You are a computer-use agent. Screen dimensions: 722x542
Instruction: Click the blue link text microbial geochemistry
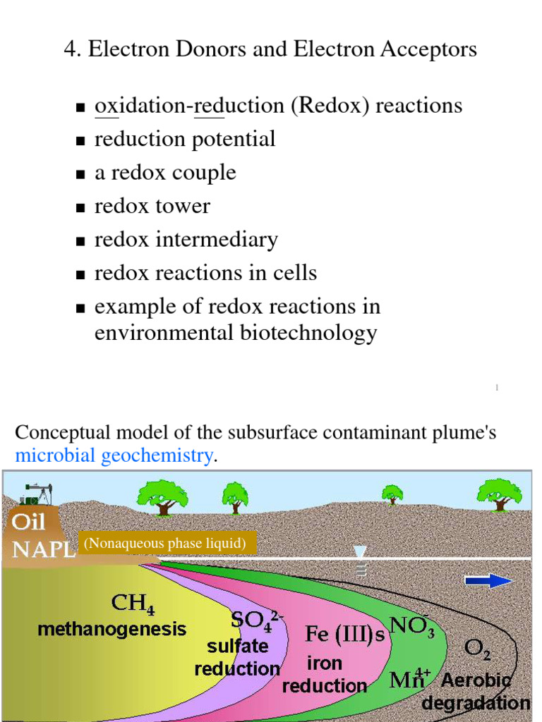[x=114, y=455]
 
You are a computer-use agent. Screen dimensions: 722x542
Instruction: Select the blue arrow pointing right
[x=488, y=580]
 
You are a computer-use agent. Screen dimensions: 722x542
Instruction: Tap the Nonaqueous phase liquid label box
[x=165, y=544]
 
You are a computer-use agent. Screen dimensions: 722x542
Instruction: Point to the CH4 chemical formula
[x=133, y=604]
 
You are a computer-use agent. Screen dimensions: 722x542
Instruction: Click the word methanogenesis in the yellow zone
[x=112, y=628]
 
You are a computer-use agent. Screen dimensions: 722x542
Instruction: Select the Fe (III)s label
[x=345, y=634]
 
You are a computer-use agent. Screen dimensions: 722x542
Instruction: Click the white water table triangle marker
[x=361, y=552]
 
